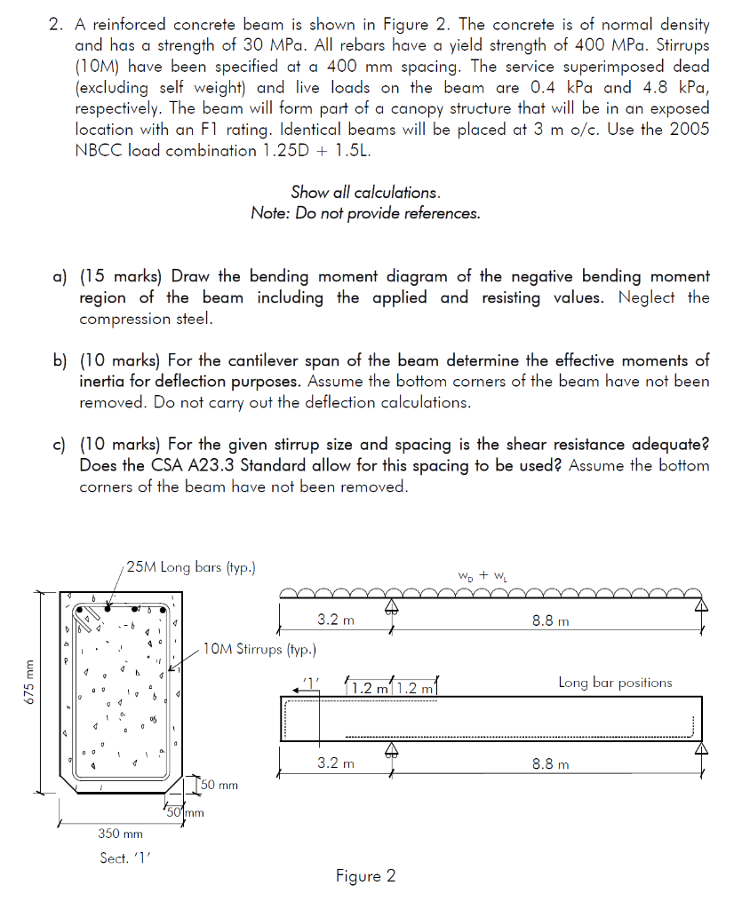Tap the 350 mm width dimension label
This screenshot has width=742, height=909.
(120, 834)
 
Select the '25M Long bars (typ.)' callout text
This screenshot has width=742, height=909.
(191, 567)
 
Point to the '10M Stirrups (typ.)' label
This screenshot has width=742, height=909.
(259, 649)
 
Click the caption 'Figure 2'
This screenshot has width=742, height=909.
(365, 877)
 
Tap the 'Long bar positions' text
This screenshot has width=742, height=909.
(615, 683)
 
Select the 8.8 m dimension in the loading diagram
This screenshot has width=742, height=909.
(550, 621)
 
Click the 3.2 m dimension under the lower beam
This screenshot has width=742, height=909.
(335, 763)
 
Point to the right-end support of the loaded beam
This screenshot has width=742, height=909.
(702, 606)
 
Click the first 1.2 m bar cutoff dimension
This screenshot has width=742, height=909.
(370, 688)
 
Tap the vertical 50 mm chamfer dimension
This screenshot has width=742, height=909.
(219, 786)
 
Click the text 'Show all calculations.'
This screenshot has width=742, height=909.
(365, 193)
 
